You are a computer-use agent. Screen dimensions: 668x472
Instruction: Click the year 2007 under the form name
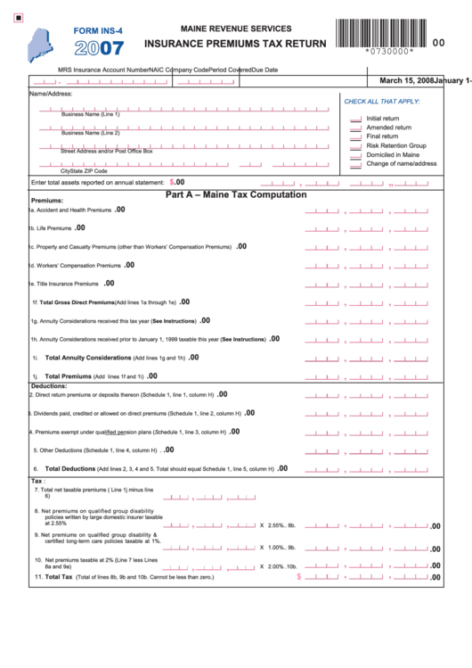click(99, 47)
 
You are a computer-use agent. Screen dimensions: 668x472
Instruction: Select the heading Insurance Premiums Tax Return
click(235, 44)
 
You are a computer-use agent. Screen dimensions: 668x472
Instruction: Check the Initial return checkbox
click(355, 119)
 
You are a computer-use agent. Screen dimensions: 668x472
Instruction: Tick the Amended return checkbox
click(355, 128)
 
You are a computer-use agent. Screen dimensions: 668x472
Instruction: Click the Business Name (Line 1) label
click(90, 114)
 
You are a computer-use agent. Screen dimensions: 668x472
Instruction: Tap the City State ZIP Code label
click(84, 170)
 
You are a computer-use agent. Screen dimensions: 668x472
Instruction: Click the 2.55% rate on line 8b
click(277, 525)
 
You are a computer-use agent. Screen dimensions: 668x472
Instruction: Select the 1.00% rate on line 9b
click(277, 547)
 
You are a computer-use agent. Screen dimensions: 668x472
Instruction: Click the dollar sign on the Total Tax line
click(299, 577)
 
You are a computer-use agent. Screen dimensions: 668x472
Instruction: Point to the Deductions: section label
click(49, 386)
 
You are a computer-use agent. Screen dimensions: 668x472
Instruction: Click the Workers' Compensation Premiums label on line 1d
click(78, 266)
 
